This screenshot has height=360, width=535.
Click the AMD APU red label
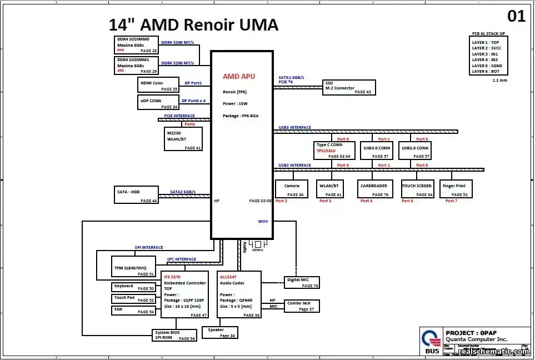[239, 76]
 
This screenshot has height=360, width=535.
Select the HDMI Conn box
[158, 85]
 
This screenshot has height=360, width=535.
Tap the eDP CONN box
[158, 103]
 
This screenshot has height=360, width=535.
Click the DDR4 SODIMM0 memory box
[136, 45]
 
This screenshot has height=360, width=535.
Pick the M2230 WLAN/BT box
[184, 139]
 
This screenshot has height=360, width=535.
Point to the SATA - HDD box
[136, 195]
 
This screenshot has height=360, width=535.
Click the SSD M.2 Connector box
[348, 88]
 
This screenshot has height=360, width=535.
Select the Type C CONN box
[333, 151]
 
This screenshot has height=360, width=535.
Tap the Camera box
[292, 189]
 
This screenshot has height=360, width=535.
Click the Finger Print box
[456, 189]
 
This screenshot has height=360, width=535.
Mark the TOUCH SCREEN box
[417, 189]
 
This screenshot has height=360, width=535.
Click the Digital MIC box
[302, 282]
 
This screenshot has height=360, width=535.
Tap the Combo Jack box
[302, 306]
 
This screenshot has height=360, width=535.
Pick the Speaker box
[219, 332]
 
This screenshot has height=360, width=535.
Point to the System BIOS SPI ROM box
[174, 335]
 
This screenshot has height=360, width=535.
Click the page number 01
[516, 16]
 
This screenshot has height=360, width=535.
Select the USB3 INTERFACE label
[295, 128]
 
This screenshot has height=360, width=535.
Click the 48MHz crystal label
[257, 250]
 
